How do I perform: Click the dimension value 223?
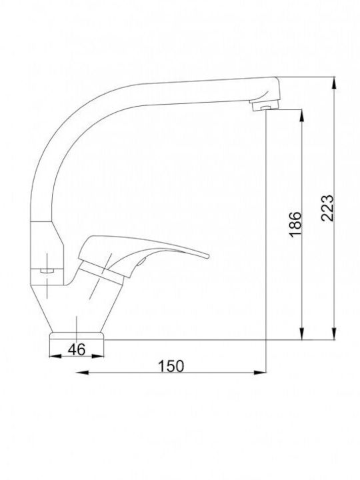[327, 208]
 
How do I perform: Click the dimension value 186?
[295, 224]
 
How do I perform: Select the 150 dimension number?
[171, 366]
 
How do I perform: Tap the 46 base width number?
[77, 349]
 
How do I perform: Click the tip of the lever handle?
[207, 256]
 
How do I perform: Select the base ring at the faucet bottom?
[77, 336]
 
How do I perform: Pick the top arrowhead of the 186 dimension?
[302, 117]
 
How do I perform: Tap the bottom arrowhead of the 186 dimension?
[302, 333]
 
